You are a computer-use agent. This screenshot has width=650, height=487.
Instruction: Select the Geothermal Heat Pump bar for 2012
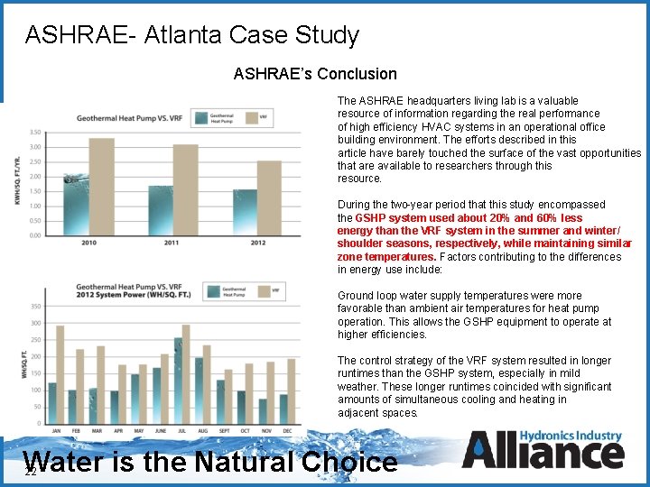coord(245,212)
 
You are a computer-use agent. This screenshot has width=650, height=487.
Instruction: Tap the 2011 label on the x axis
coord(172,243)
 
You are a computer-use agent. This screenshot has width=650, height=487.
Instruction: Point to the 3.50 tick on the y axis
coord(33,132)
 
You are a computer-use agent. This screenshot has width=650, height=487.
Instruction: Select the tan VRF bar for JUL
coord(186,374)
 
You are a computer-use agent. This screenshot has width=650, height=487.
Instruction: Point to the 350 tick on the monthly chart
coord(35,307)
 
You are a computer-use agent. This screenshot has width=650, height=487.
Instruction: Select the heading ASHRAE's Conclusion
coord(315,74)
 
